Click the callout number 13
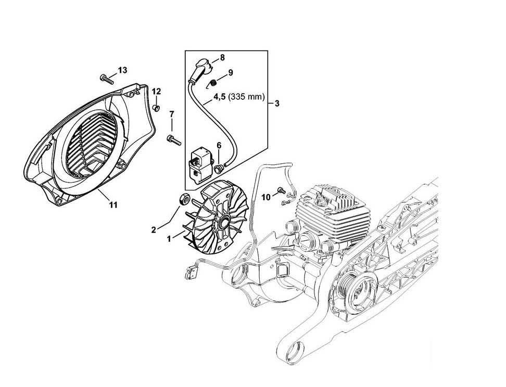[122, 70]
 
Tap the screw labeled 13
[107, 79]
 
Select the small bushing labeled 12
[156, 107]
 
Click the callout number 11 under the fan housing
[113, 205]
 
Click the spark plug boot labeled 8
[199, 71]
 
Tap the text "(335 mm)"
[246, 97]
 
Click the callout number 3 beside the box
[277, 104]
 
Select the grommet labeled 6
[219, 167]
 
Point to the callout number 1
[169, 239]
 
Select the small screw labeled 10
[282, 190]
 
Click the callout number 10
[265, 197]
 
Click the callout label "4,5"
[220, 97]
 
